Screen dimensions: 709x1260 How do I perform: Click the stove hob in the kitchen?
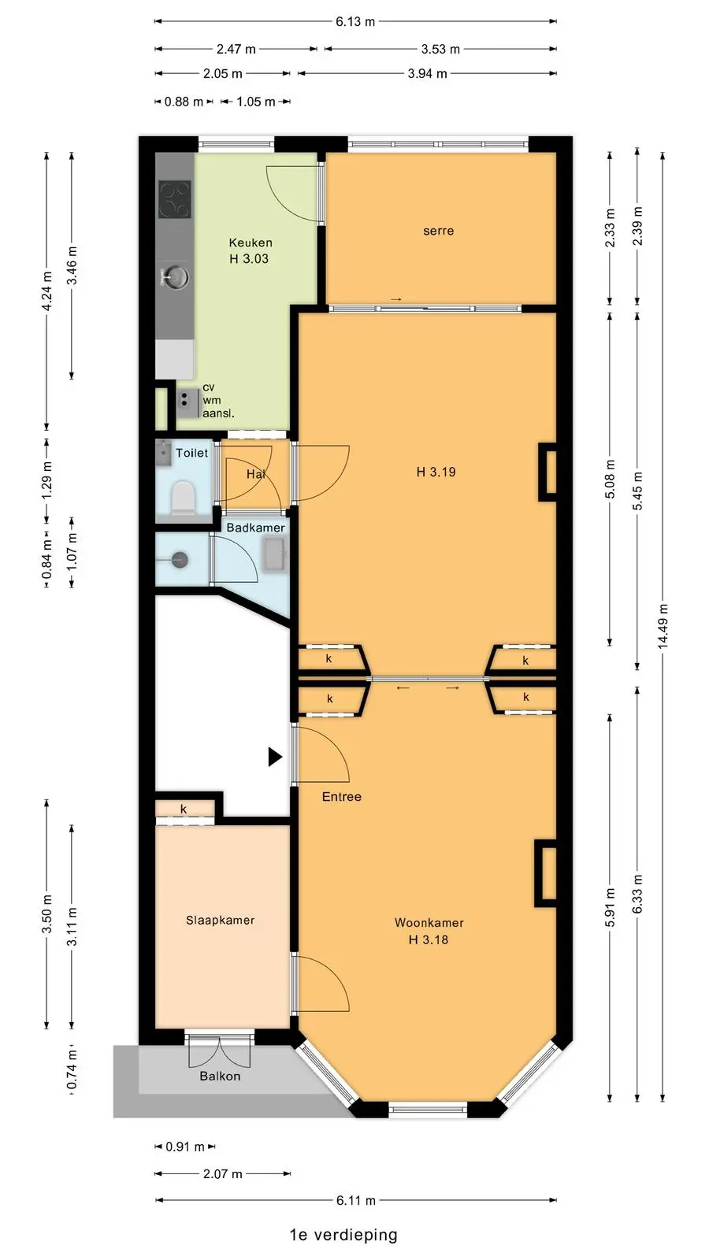[174, 199]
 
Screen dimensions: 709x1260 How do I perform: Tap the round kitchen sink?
[175, 276]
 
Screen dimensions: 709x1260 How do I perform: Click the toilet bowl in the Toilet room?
[183, 497]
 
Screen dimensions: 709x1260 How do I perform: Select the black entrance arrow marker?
[275, 757]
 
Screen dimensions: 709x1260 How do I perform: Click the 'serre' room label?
[438, 231]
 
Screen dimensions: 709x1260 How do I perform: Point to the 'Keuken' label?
[251, 243]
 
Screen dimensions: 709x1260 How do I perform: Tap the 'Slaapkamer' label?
[220, 921]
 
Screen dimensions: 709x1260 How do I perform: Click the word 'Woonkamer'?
[429, 922]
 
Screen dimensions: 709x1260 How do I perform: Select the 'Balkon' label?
[220, 1076]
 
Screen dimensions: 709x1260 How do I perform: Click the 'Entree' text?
[342, 796]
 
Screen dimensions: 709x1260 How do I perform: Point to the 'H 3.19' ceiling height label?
[436, 472]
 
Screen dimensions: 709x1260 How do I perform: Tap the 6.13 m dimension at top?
[355, 22]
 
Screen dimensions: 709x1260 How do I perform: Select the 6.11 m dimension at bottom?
[355, 1200]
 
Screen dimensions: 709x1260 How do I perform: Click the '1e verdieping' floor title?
[343, 1235]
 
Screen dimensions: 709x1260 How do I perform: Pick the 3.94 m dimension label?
[427, 74]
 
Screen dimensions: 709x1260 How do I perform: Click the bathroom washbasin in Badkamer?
[275, 554]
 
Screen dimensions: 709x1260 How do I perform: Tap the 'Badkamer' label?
[255, 528]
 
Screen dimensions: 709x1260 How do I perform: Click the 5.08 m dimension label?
[610, 480]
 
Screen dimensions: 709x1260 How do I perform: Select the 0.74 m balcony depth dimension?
[72, 1071]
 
